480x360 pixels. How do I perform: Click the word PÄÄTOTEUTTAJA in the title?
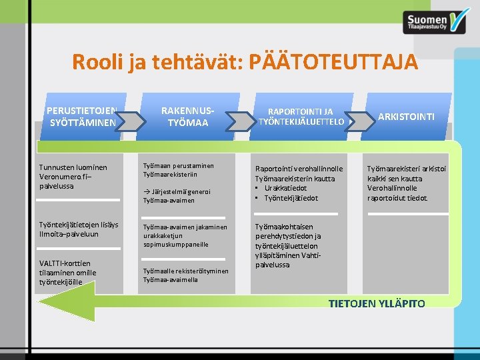[332, 62]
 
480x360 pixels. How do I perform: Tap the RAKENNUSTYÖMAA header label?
[187, 116]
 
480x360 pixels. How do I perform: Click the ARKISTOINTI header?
[406, 117]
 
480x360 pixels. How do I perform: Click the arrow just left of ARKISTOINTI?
[361, 121]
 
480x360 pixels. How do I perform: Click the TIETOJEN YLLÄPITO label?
[377, 304]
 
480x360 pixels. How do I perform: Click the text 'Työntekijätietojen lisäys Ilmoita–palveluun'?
[78, 229]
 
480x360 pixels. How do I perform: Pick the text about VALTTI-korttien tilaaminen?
[67, 272]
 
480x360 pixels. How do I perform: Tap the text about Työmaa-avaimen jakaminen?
[185, 235]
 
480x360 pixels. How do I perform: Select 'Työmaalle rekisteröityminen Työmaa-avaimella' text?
[185, 275]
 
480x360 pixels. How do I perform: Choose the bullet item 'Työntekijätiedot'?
[291, 198]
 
